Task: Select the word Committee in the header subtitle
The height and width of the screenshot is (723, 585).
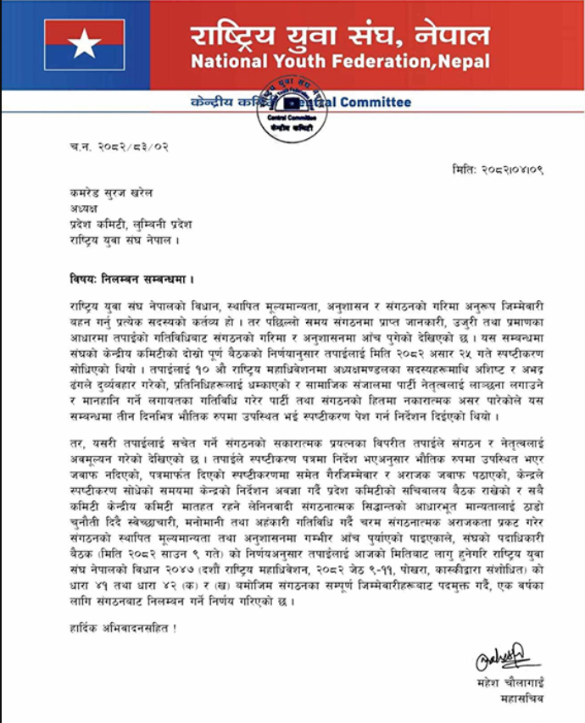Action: [x=376, y=103]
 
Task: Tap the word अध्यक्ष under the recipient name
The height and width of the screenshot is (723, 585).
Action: [x=84, y=209]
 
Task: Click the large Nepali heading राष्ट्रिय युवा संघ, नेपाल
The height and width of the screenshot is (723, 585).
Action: [x=340, y=36]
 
